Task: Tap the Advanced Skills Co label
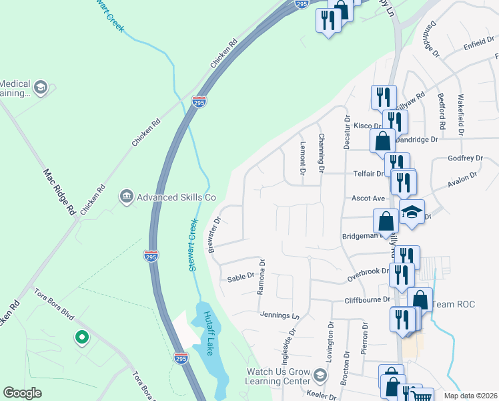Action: click(x=177, y=197)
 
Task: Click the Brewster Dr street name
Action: click(x=214, y=235)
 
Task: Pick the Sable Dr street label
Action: click(x=241, y=276)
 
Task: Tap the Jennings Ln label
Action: click(x=277, y=315)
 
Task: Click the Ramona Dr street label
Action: click(x=262, y=277)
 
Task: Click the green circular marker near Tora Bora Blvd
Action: click(x=82, y=338)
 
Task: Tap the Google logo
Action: click(x=22, y=393)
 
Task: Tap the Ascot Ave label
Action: click(x=369, y=198)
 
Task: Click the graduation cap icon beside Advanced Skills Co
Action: click(x=125, y=196)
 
